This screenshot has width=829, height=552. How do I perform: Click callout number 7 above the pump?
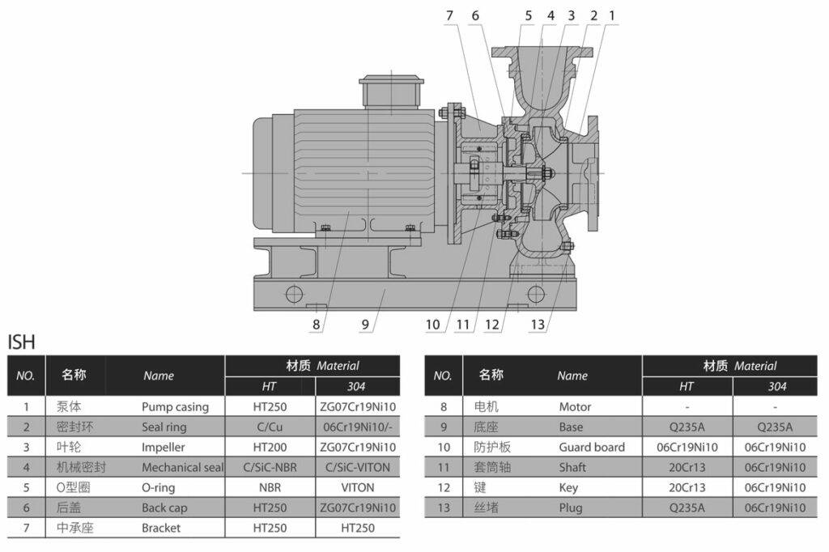451,15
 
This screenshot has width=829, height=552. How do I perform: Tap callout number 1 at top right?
613,15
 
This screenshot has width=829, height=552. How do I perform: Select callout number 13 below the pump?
538,325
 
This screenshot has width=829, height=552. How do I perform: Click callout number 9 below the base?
365,325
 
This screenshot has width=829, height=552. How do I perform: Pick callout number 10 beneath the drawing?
433,325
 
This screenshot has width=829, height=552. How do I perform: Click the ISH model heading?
22,342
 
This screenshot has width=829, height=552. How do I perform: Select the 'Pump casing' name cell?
175,407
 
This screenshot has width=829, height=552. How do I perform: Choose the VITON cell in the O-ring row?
358,487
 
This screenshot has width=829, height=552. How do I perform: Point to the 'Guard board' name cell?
592,447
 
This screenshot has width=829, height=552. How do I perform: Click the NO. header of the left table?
25,376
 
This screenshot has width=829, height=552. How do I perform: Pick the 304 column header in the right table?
776,387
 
